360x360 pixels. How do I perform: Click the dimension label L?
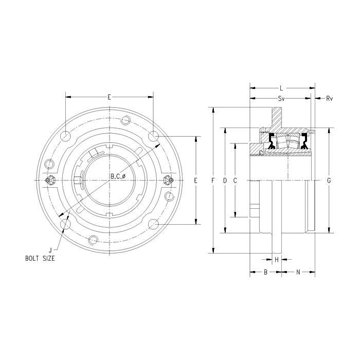[281, 88]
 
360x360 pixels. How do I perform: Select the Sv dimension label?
[281, 99]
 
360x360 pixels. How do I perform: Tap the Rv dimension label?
[329, 99]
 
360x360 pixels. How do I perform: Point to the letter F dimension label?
[213, 181]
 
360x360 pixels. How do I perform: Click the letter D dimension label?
[225, 181]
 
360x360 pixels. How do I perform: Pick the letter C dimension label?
[235, 181]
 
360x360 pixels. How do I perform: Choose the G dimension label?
[329, 181]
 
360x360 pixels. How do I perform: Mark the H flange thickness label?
[277, 260]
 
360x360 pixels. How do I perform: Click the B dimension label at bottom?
[266, 272]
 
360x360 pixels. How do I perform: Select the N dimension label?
[298, 272]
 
